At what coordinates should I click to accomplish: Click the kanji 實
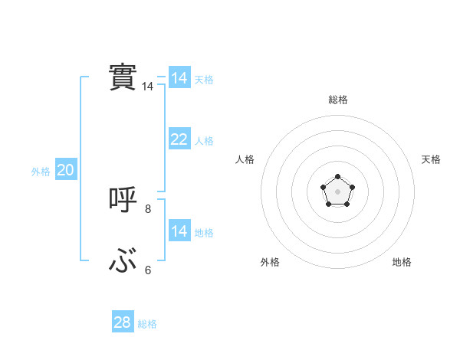coord(123,77)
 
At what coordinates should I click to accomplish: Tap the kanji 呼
coord(123,200)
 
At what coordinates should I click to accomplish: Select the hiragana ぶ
coord(123,263)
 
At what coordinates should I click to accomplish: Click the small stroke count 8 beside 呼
coord(148,208)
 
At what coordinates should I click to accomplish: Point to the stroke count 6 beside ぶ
coord(148,270)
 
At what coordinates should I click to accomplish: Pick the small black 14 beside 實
coord(148,87)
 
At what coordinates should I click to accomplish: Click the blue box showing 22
coord(179,139)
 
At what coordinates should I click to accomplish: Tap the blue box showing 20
coord(65,171)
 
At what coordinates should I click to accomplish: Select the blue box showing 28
coord(123,322)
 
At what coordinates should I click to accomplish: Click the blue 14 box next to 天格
coord(179,78)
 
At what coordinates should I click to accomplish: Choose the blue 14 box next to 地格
coord(179,231)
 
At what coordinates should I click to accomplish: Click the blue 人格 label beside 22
coord(204,141)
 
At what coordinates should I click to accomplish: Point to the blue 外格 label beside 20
coord(41,172)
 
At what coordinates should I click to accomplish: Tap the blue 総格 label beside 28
coord(147,324)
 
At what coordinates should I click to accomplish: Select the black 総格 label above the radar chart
coord(337,100)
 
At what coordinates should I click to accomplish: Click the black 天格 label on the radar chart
coord(431,159)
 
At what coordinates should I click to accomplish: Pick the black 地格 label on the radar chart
coord(402,262)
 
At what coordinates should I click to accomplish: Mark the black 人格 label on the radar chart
coord(245,159)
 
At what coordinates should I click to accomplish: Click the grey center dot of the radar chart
coord(337,191)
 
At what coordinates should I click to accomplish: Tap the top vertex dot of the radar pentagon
coord(337,177)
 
